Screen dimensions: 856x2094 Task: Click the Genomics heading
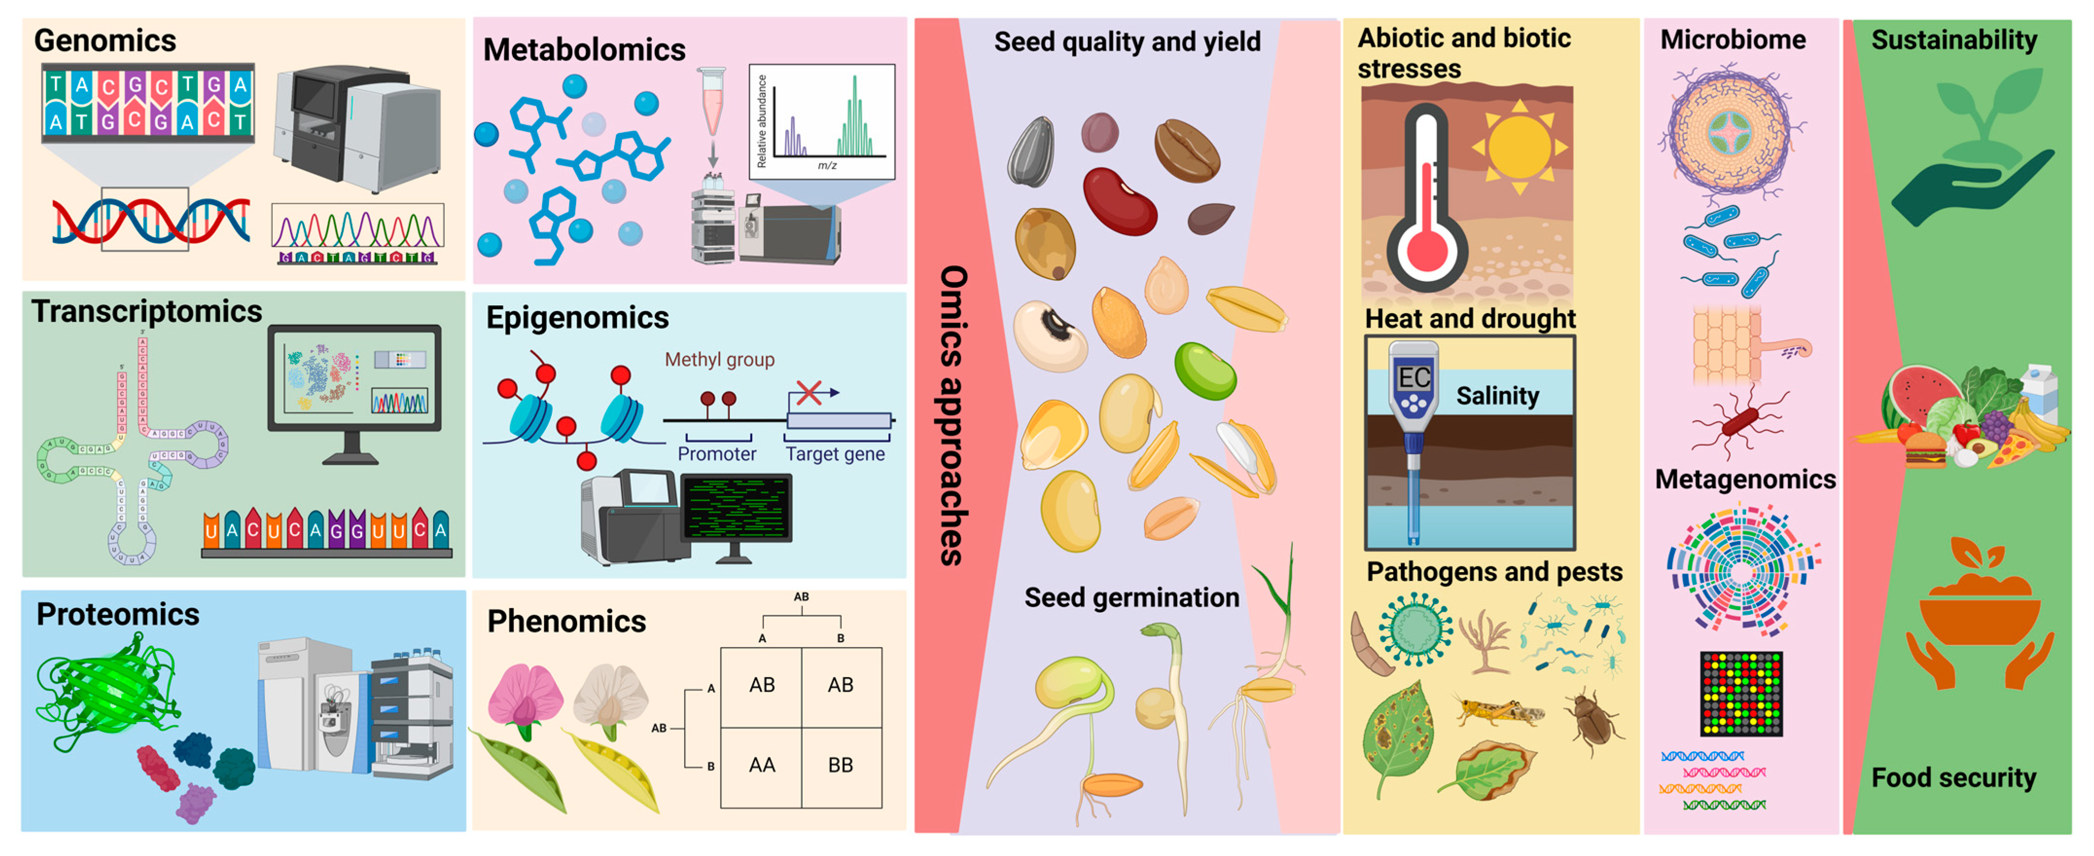pyautogui.click(x=105, y=41)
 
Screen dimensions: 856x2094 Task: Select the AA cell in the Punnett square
pyautogui.click(x=762, y=765)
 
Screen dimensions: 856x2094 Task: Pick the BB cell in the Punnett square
pyautogui.click(x=841, y=765)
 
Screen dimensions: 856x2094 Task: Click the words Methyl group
pyautogui.click(x=720, y=359)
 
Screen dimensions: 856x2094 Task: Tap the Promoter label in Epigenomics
pyautogui.click(x=716, y=454)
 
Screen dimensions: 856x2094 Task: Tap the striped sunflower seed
pyautogui.click(x=1032, y=152)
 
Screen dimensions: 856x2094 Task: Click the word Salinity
pyautogui.click(x=1497, y=396)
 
